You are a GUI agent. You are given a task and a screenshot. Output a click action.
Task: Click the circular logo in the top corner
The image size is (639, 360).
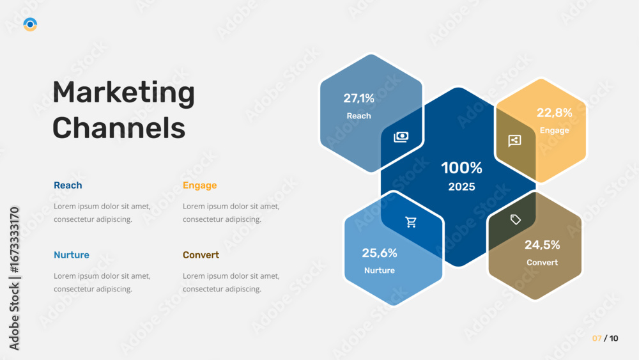(30, 24)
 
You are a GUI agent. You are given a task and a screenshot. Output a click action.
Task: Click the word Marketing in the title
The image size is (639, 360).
(124, 93)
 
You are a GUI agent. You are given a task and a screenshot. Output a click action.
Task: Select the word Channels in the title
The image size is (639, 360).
(119, 128)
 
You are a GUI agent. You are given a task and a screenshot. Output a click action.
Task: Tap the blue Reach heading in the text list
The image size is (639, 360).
(68, 185)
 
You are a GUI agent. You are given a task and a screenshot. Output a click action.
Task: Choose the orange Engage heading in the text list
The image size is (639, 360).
(199, 186)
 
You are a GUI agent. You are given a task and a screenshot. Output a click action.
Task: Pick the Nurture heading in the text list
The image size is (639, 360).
(72, 254)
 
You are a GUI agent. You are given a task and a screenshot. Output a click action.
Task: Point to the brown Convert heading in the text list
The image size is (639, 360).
(201, 254)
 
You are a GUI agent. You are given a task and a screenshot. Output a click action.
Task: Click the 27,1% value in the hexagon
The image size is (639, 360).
(358, 98)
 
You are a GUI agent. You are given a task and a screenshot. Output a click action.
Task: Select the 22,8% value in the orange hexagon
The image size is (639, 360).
(554, 113)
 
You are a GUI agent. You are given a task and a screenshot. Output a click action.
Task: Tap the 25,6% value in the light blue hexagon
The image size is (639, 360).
(380, 253)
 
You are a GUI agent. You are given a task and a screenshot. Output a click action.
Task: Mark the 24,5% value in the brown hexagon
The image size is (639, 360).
(542, 245)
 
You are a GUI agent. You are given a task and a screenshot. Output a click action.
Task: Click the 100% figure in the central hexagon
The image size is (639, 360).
(462, 168)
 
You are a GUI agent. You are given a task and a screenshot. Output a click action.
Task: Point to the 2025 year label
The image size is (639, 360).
(462, 187)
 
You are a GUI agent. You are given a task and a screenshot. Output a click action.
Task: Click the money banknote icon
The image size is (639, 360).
(401, 137)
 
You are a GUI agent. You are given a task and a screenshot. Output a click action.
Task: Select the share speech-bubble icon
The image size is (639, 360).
(514, 141)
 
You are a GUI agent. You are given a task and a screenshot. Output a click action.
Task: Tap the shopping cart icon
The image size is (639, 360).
(411, 222)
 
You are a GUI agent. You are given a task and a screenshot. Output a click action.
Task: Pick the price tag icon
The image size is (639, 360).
(516, 219)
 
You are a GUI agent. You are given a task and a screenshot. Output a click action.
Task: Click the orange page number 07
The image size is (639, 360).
(597, 338)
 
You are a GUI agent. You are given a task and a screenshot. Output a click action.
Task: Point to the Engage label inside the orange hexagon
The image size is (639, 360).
(554, 130)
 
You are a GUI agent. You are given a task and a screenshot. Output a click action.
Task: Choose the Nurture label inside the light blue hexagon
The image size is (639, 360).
(380, 270)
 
